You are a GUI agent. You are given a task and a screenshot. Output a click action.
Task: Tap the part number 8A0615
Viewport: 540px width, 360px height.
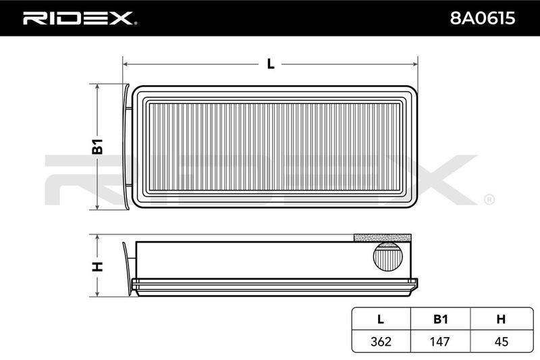483,18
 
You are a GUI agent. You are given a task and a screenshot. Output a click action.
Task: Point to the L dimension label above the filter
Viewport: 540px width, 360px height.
271,64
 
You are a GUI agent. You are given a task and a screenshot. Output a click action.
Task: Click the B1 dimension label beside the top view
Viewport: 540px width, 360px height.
97,146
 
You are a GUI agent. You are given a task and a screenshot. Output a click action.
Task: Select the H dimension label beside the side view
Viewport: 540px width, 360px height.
97,266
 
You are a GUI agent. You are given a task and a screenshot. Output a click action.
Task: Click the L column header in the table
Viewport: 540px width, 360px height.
381,319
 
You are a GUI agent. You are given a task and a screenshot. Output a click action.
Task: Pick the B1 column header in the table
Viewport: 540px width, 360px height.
441,319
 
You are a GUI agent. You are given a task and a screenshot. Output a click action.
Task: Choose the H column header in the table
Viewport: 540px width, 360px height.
501,319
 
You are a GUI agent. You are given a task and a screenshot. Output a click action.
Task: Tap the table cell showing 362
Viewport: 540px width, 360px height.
381,341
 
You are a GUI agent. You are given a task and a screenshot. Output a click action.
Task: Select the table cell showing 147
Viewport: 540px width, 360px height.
440,341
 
